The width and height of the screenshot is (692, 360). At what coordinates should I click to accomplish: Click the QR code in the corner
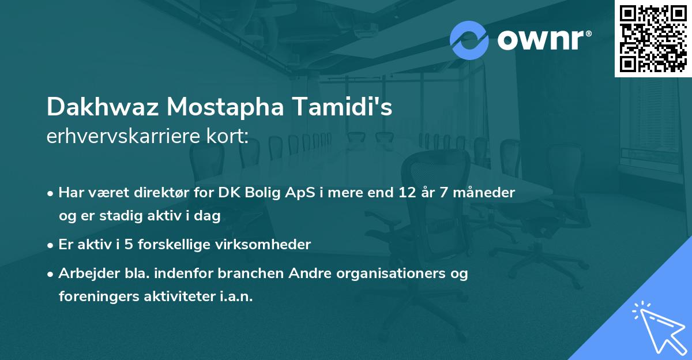(x=653, y=38)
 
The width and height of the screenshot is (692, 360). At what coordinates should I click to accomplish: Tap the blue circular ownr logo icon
(x=469, y=40)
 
